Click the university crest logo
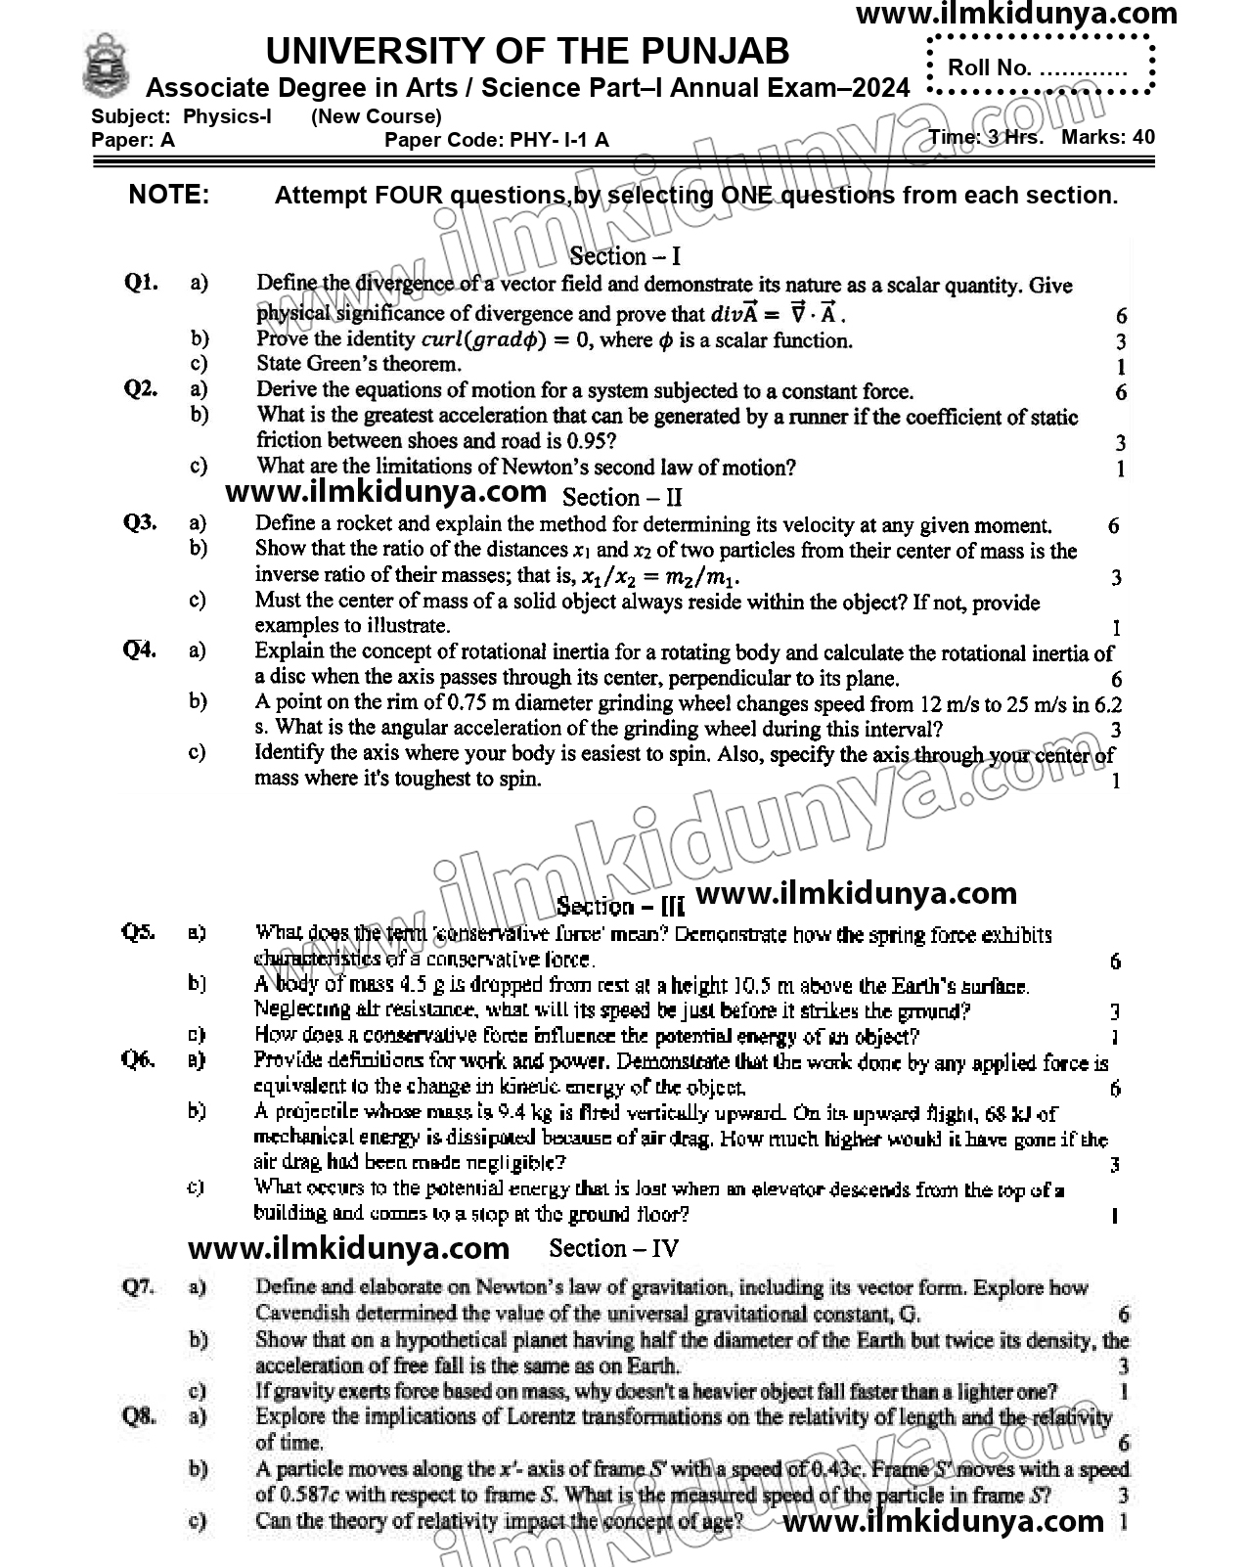pyautogui.click(x=106, y=66)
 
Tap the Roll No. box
pyautogui.click(x=1041, y=67)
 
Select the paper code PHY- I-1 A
pyautogui.click(x=558, y=140)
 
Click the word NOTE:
pyautogui.click(x=169, y=195)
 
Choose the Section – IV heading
pyautogui.click(x=613, y=1248)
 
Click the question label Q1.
pyautogui.click(x=141, y=284)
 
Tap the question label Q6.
pyautogui.click(x=138, y=1059)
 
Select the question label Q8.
pyautogui.click(x=140, y=1415)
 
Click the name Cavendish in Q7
pyautogui.click(x=301, y=1314)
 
